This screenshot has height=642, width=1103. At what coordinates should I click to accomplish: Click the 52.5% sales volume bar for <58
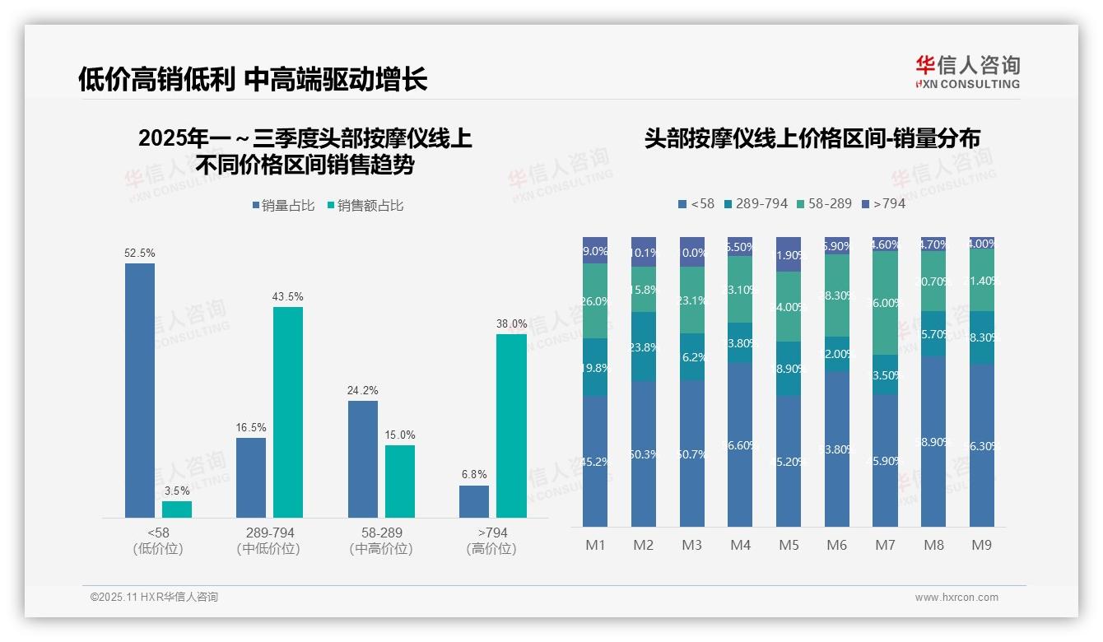point(140,390)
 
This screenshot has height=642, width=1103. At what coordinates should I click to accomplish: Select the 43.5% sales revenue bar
point(288,412)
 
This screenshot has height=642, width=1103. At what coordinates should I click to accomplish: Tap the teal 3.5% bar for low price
point(177,509)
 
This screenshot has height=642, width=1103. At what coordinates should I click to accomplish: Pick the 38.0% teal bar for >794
point(511,426)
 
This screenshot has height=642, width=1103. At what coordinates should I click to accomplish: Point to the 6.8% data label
point(474,475)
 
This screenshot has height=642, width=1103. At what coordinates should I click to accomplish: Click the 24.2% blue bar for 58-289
point(363,458)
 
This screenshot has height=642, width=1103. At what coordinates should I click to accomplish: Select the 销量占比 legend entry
point(284,206)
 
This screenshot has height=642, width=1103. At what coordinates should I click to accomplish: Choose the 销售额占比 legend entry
point(365,206)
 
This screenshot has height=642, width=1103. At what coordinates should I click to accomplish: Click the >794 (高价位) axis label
point(491,541)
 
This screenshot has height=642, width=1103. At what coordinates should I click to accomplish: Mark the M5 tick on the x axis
point(789,545)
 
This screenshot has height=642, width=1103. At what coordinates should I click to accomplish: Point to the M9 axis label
point(981,545)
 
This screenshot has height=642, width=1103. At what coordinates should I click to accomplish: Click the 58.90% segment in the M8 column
point(933,442)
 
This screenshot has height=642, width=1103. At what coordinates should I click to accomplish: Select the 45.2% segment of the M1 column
point(595,461)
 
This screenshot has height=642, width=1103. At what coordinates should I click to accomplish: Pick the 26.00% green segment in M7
point(885,303)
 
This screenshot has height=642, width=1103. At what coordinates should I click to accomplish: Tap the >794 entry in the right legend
point(883,203)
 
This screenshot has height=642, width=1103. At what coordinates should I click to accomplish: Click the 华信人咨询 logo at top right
point(967,72)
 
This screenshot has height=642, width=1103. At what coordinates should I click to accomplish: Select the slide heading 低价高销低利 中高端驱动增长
point(253,80)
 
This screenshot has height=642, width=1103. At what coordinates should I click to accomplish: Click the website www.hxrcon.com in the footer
point(956,598)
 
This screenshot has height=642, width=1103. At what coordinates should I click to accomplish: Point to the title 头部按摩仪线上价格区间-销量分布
point(812,138)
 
